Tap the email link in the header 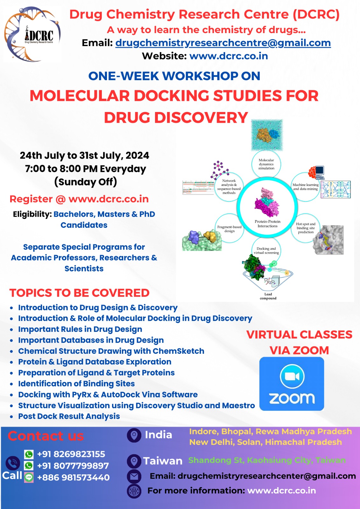pyautogui.click(x=223, y=43)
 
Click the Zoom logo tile pyautogui.click(x=292, y=384)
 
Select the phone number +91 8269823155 pyautogui.click(x=71, y=454)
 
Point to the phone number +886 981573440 pyautogui.click(x=73, y=478)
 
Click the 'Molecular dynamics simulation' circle pyautogui.click(x=266, y=164)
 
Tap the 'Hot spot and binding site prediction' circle pyautogui.click(x=306, y=228)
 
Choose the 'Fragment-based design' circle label pyautogui.click(x=229, y=229)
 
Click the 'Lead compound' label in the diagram pyautogui.click(x=268, y=296)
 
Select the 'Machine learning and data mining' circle pyautogui.click(x=305, y=187)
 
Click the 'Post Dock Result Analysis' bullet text pyautogui.click(x=69, y=416)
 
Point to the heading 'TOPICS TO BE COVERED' pyautogui.click(x=79, y=293)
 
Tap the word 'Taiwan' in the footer pyautogui.click(x=163, y=461)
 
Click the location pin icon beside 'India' pyautogui.click(x=134, y=435)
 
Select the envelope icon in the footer pyautogui.click(x=134, y=476)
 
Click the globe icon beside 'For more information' pyautogui.click(x=134, y=491)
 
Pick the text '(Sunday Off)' pyautogui.click(x=86, y=182)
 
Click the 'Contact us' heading pyautogui.click(x=46, y=436)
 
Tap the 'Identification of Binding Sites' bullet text pyautogui.click(x=76, y=384)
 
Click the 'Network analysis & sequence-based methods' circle pyautogui.click(x=229, y=187)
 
